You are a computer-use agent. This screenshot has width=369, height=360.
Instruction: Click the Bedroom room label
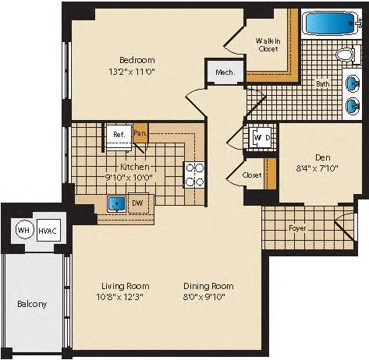click(137, 60)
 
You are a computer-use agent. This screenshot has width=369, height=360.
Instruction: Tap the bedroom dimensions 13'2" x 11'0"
click(137, 71)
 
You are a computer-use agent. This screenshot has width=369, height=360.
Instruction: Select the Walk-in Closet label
click(268, 44)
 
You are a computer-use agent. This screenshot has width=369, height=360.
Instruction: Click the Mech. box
click(225, 72)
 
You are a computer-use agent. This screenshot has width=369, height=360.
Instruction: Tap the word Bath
click(322, 83)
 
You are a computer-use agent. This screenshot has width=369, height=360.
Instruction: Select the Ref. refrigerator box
click(119, 135)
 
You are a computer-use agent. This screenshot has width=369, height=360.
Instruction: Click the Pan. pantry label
click(140, 133)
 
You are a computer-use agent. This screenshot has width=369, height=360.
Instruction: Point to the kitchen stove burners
click(193, 174)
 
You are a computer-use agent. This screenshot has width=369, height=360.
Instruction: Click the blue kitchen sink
click(118, 204)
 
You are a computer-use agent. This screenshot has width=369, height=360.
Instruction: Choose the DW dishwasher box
click(137, 204)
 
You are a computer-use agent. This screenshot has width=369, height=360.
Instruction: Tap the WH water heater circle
click(23, 231)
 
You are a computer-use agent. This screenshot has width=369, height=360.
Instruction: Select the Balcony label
click(31, 304)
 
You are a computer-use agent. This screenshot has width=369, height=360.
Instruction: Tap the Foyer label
click(297, 229)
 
